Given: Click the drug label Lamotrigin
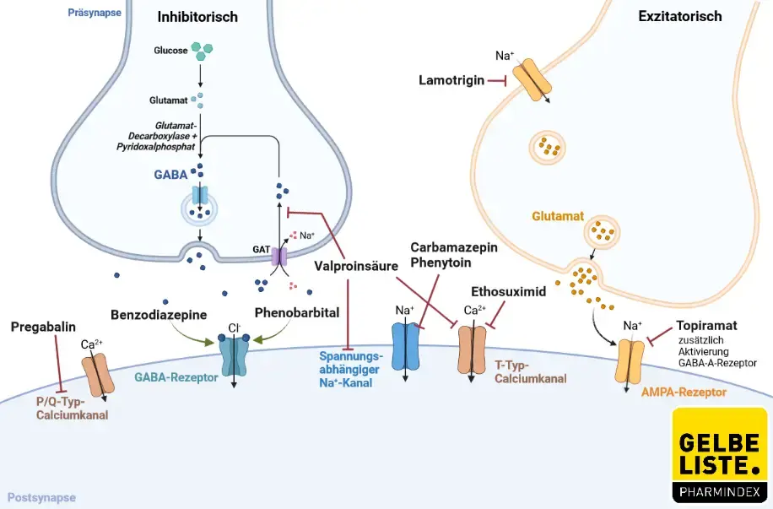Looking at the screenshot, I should [x=451, y=80].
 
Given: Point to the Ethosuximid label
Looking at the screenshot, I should [x=509, y=291].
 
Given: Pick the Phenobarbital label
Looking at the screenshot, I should [x=297, y=314].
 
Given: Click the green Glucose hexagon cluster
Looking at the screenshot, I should [x=200, y=51].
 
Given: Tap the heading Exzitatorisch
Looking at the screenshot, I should [x=692, y=16].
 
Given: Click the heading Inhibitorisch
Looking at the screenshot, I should [x=197, y=17].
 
